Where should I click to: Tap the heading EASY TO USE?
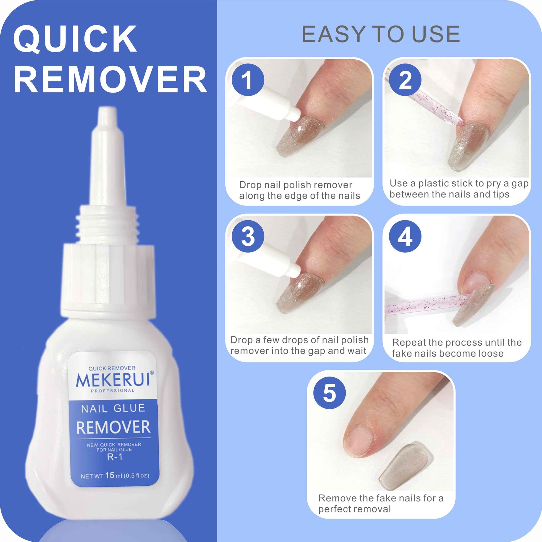click(381, 34)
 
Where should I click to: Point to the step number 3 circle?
click(248, 236)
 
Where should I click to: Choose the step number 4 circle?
click(405, 236)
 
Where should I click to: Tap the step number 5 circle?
click(329, 393)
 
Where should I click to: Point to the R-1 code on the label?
click(115, 457)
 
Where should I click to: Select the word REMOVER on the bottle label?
click(113, 427)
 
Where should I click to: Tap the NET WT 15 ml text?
click(115, 475)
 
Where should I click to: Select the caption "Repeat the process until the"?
click(457, 343)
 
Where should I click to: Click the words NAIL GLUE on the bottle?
click(113, 408)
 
